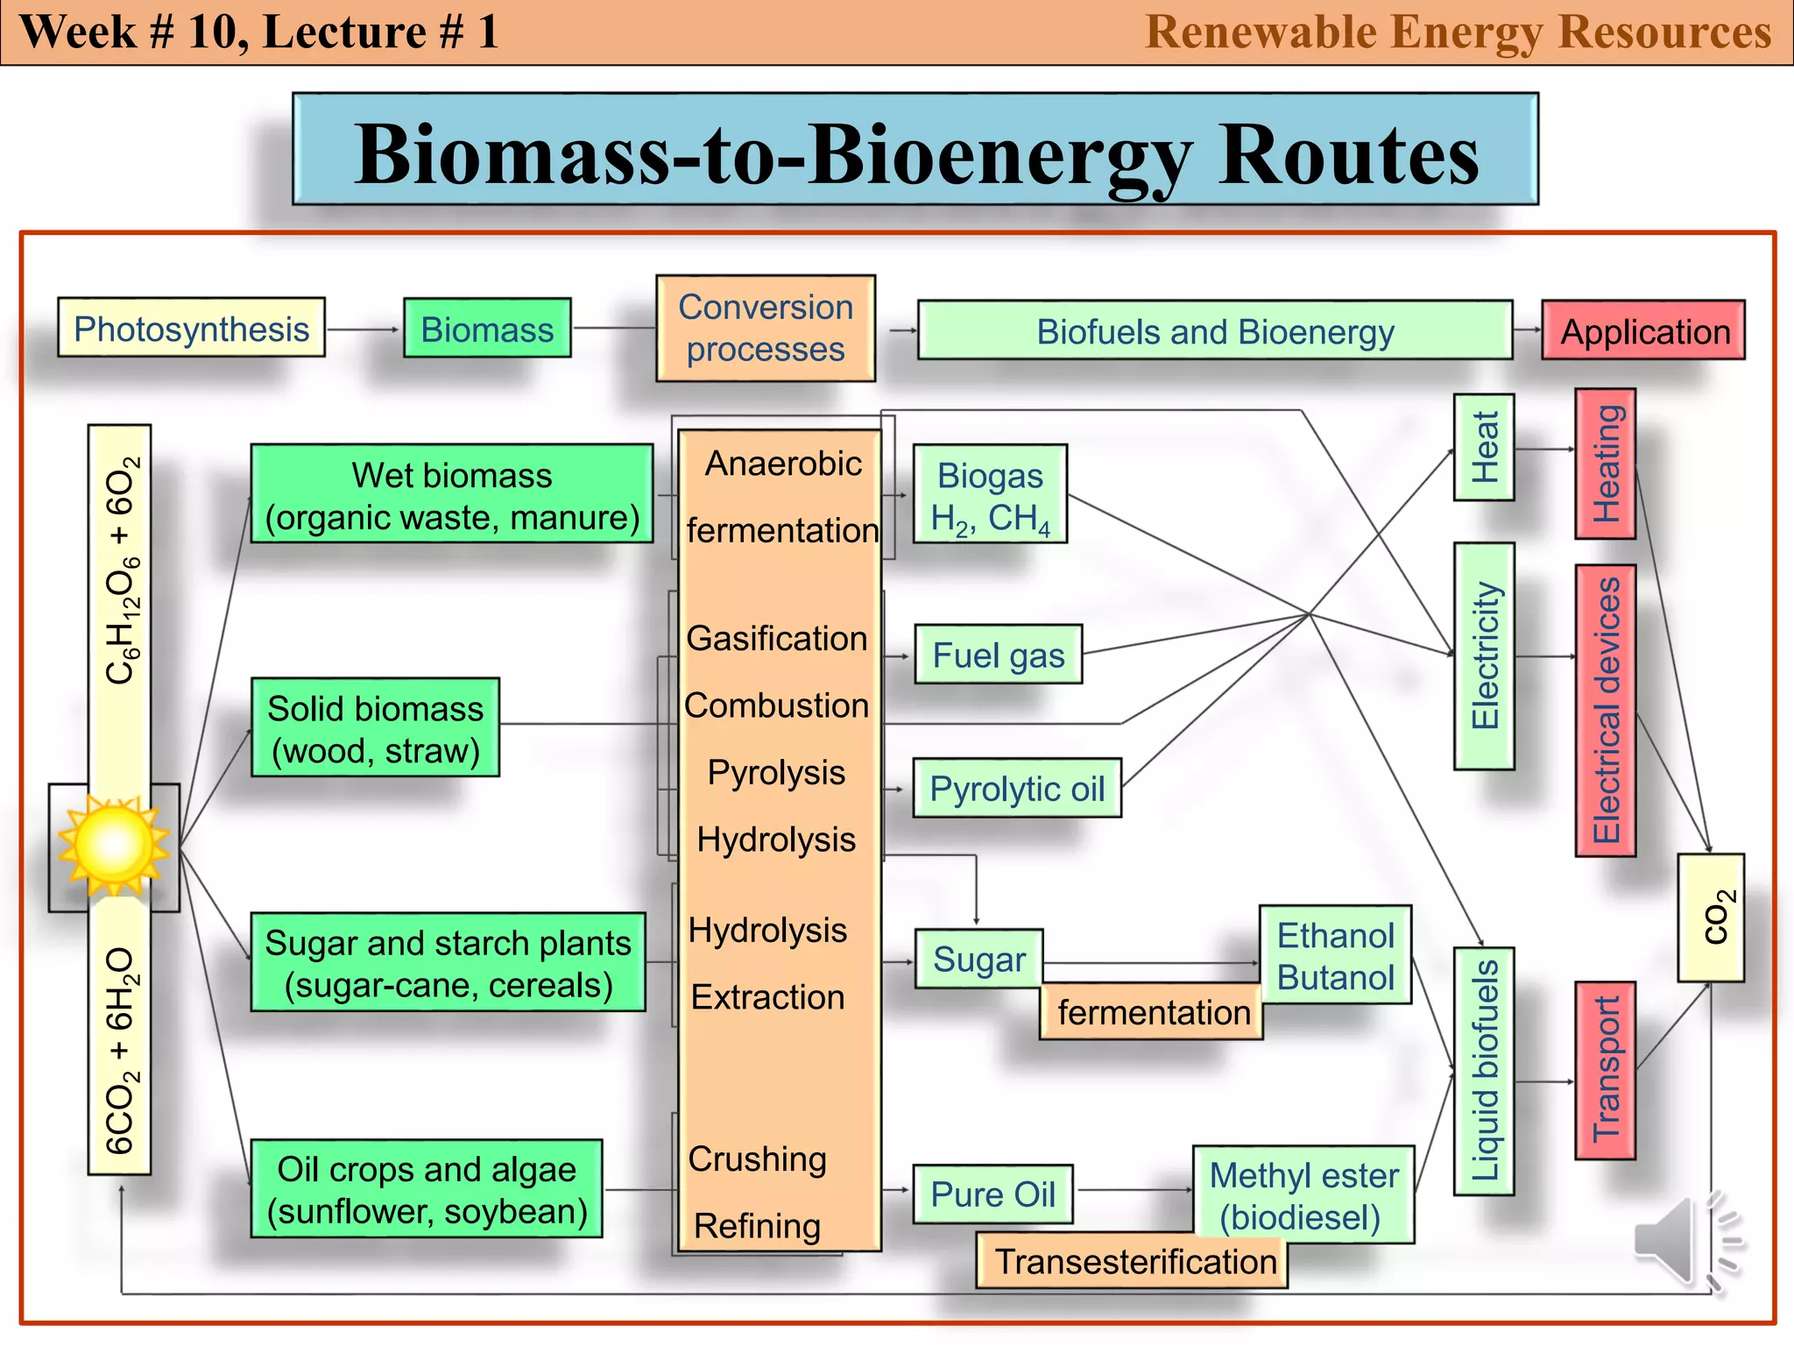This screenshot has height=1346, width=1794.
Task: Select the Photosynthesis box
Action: (191, 328)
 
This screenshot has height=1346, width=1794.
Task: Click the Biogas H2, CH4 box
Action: (990, 494)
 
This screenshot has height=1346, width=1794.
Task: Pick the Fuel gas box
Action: (998, 655)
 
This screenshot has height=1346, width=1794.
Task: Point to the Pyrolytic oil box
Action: (1016, 788)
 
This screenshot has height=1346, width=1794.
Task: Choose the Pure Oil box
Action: (992, 1194)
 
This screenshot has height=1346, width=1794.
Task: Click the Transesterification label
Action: (1132, 1262)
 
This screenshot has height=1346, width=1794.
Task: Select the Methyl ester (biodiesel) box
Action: (1303, 1195)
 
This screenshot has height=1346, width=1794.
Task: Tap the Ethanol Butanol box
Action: (1335, 955)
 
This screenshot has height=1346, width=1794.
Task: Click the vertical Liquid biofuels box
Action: (1483, 1071)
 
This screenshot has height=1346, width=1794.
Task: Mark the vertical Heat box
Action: (1483, 448)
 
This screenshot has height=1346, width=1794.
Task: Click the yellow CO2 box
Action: (1711, 917)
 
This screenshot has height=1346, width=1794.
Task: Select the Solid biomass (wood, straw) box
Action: (375, 727)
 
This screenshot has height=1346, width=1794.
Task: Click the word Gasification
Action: (776, 638)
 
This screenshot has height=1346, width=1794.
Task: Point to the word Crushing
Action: (757, 1158)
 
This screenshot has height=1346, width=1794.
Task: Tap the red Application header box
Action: (1643, 330)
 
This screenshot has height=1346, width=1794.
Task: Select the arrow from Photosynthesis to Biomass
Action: (363, 329)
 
